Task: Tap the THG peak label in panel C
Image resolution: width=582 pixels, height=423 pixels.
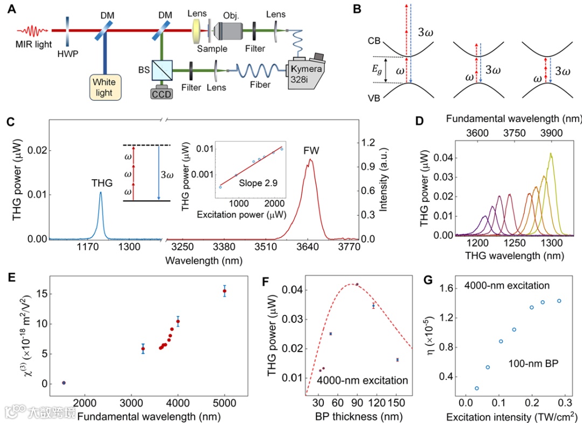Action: (x=102, y=184)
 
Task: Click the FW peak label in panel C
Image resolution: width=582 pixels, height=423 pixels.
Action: (x=311, y=151)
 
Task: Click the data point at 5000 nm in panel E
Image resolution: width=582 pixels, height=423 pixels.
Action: (x=225, y=291)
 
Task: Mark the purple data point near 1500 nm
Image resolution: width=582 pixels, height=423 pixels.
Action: (x=64, y=383)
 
